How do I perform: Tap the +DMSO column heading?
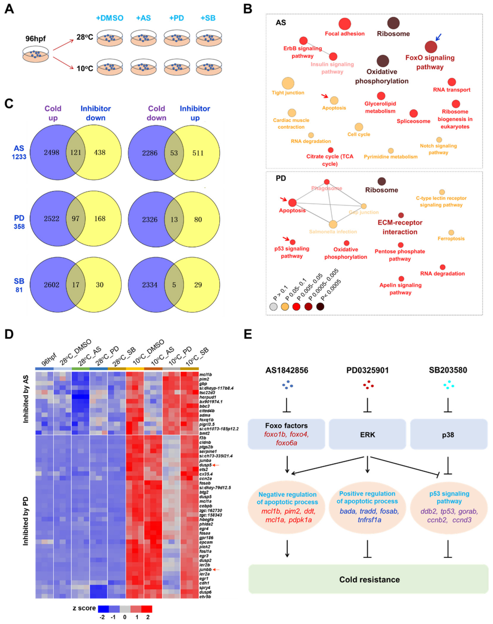pyautogui.click(x=110, y=18)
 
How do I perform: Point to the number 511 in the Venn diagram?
pyautogui.click(x=198, y=153)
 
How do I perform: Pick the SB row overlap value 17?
pyautogui.click(x=75, y=285)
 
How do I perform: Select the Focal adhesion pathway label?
pyautogui.click(x=345, y=34)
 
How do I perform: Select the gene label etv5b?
pyautogui.click(x=205, y=597)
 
